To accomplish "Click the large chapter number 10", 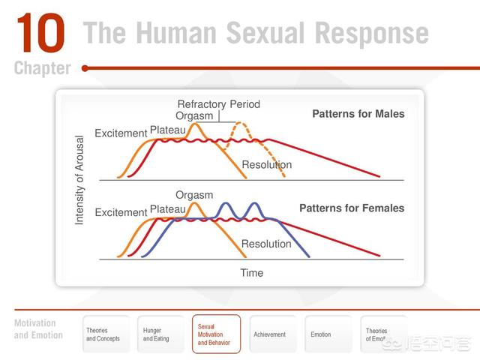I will pyautogui.click(x=40, y=34).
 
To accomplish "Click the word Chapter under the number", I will pyautogui.click(x=42, y=68).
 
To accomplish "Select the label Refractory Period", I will pyautogui.click(x=218, y=104).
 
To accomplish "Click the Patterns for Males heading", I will pyautogui.click(x=358, y=114).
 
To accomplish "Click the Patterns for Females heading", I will pyautogui.click(x=352, y=208).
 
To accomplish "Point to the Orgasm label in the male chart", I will pyautogui.click(x=194, y=116).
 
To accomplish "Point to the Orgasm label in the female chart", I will pyautogui.click(x=194, y=195).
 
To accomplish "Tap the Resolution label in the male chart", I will pyautogui.click(x=266, y=165).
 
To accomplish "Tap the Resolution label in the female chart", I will pyautogui.click(x=266, y=244).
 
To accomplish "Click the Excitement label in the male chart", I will pyautogui.click(x=121, y=133).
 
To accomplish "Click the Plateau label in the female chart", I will pyautogui.click(x=169, y=209).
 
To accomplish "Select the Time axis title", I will pyautogui.click(x=251, y=273).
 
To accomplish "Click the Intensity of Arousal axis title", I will pyautogui.click(x=80, y=180).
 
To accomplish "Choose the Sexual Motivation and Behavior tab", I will pyautogui.click(x=216, y=334).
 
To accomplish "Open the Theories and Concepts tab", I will pyautogui.click(x=103, y=334).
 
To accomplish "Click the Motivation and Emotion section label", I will pyautogui.click(x=38, y=329).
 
